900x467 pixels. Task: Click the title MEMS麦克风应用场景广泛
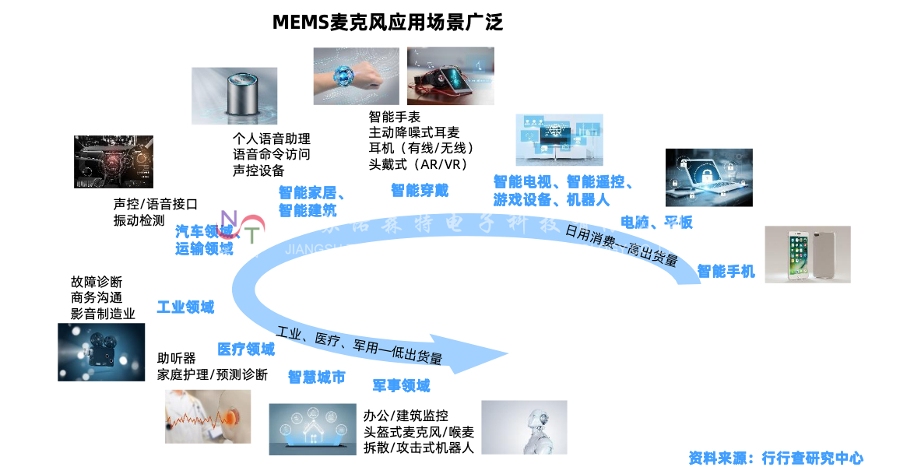coord(387,22)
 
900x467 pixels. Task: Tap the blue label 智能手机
coord(726,272)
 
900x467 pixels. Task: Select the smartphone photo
coord(807,254)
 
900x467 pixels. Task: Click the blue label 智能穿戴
coord(419,190)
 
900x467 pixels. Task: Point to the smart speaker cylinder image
coord(234,95)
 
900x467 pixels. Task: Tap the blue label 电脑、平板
coord(656,223)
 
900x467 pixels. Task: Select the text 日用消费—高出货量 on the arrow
coord(621,245)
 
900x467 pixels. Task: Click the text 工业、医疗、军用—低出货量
coord(359,346)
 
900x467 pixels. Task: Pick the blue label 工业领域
coord(185,307)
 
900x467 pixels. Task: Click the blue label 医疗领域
coord(245,349)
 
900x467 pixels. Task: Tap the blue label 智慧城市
coord(316,377)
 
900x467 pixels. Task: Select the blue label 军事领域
coord(400,385)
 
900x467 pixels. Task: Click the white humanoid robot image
coord(524,427)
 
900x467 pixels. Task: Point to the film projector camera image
coord(101,352)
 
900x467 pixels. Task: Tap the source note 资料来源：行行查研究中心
coord(775,458)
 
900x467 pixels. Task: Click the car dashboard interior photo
coord(113,162)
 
